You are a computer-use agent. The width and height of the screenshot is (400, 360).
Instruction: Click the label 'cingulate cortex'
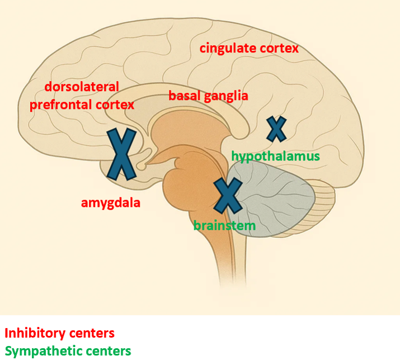pos(249,48)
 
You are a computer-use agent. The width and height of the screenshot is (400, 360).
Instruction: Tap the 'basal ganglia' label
pos(208,96)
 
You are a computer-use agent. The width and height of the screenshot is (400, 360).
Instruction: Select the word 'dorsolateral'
pos(82,87)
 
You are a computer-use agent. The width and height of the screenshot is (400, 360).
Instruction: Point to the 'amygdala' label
pos(110,202)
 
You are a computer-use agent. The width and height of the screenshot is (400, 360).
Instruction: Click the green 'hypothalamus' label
pos(275,156)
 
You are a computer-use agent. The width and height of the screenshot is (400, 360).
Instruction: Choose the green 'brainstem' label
pos(224,226)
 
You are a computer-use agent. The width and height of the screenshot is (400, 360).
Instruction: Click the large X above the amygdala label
pos(122,154)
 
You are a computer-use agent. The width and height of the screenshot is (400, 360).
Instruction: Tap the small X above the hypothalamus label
pos(276,129)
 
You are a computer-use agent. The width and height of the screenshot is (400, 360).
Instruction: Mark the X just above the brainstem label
pos(228,195)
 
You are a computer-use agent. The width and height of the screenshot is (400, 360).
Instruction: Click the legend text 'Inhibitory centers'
pos(59,333)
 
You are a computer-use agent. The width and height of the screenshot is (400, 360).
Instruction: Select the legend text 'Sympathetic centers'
pos(67,352)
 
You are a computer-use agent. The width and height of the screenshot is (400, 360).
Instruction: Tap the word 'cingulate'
pos(228,48)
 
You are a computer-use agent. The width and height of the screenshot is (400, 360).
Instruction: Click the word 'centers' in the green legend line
pos(110,352)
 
